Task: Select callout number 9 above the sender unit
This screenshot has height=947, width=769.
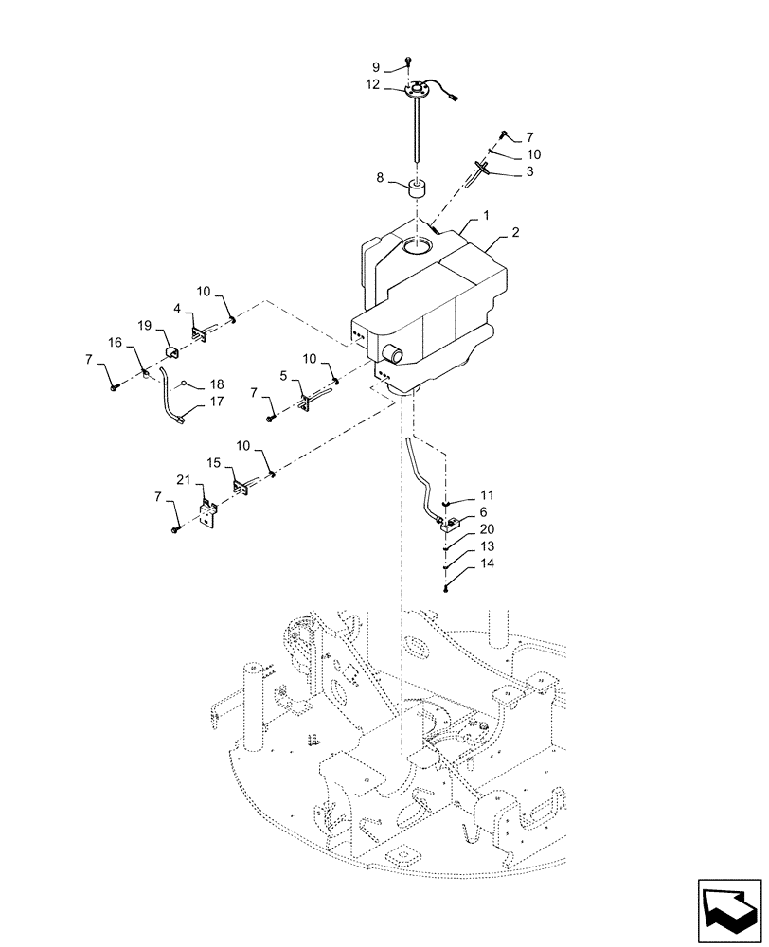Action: pos(375,67)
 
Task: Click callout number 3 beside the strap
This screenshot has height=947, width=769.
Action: pos(529,171)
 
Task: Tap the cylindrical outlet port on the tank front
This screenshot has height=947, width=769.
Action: pos(392,355)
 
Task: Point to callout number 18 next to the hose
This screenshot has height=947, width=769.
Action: pos(217,385)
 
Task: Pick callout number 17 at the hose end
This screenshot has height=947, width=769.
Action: pos(217,402)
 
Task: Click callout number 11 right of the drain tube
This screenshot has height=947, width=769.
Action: pos(487,495)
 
